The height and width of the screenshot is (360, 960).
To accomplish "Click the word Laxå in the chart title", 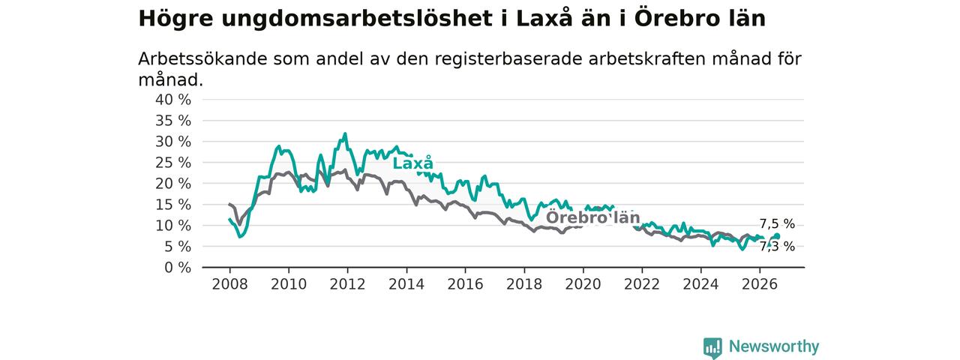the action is pos(544,18).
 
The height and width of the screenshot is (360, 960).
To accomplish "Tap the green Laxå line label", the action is pos(413,163).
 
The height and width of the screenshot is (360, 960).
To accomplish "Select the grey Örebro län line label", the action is pos(592,217).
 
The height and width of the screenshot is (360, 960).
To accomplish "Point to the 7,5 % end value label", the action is pos(777,223).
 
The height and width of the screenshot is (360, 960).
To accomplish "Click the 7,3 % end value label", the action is pos(777,247).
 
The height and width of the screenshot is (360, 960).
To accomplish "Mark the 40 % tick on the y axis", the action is pos(173,100).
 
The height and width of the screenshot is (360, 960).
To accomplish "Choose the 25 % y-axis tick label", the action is pos(173,163).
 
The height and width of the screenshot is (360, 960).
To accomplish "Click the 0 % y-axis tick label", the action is pos(178,268).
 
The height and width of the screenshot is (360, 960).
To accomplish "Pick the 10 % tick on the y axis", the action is pos(173,226).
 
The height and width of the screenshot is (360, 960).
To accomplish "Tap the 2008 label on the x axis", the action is pos(229,284).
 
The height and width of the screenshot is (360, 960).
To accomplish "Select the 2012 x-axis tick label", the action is pos(347,284).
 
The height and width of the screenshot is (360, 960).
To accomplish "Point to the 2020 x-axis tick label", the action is pos(583,284).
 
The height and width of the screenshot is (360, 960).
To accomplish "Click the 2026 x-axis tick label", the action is pos(760,284).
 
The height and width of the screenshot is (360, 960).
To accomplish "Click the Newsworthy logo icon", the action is pos(712,347).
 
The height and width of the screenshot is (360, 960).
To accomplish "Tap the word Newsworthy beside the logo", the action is pos(774,346).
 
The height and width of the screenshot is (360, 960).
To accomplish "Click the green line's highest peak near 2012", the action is pos(345,133).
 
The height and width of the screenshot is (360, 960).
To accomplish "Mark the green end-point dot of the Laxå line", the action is pos(778,236).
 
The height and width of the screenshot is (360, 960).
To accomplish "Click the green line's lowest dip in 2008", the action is pos(239,236).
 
